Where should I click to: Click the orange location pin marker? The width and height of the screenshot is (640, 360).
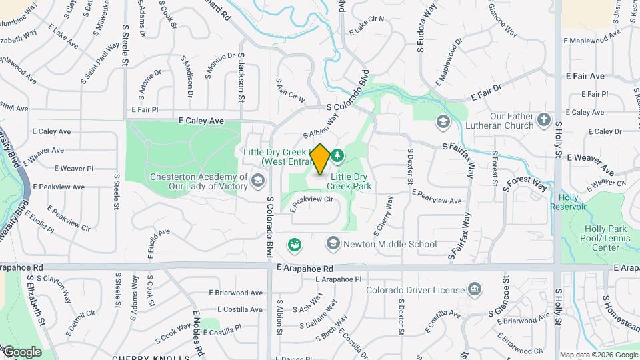point(320,160)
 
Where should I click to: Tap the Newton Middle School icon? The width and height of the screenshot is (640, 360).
point(333,244)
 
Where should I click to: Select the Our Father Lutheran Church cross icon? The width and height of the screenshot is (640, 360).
point(544,121)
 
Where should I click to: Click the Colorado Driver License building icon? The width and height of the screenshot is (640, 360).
point(475,289)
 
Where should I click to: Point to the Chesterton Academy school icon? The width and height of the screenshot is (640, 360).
point(257,181)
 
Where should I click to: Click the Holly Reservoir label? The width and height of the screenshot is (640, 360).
point(568,201)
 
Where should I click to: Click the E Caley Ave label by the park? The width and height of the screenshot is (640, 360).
point(200,121)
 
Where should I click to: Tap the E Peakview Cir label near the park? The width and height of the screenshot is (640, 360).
point(311,199)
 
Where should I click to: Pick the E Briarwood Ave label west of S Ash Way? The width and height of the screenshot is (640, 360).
point(235,293)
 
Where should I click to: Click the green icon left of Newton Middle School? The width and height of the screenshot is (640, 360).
point(294,245)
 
